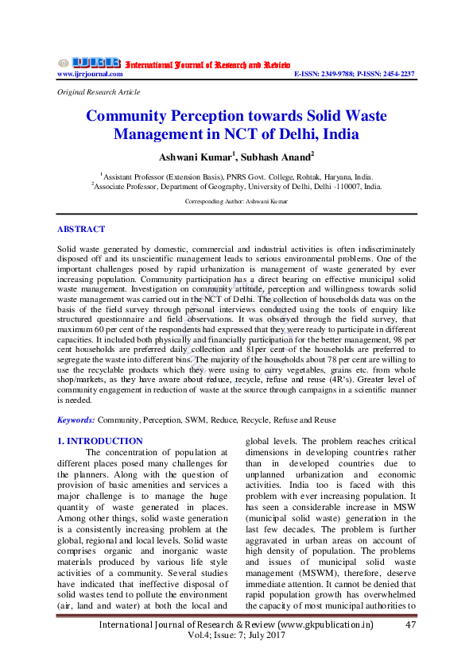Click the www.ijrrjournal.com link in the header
coord(90,74)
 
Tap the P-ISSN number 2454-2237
coord(397,74)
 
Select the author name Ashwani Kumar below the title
coord(191,157)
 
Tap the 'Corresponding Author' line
coord(236,202)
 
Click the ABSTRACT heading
coord(80,229)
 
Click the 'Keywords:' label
coord(76,420)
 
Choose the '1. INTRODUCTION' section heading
coord(100,441)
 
